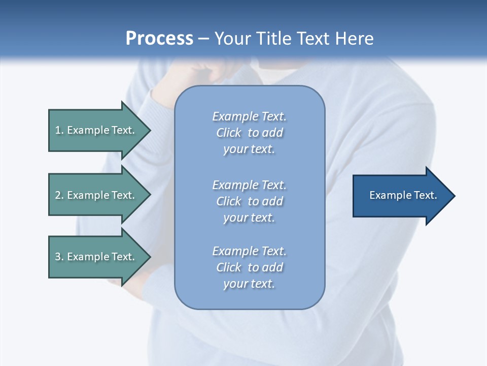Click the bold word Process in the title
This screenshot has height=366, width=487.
click(x=159, y=39)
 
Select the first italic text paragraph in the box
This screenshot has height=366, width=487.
click(x=250, y=133)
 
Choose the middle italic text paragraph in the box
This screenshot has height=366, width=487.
click(x=250, y=201)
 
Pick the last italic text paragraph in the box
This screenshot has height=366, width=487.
click(x=250, y=267)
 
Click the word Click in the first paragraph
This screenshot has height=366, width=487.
click(x=229, y=133)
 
